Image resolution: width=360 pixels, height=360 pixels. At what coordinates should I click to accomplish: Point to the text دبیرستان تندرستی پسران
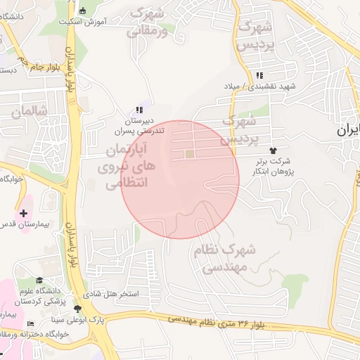(139, 126)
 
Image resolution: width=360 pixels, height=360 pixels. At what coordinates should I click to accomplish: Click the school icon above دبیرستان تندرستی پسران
(139, 110)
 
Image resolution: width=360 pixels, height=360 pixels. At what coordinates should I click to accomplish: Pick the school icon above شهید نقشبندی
(259, 75)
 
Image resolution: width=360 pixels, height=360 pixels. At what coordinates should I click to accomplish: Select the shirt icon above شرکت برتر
(273, 150)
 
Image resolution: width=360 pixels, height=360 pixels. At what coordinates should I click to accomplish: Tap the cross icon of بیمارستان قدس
(24, 212)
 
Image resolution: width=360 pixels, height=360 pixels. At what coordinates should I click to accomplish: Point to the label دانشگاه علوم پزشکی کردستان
(54, 295)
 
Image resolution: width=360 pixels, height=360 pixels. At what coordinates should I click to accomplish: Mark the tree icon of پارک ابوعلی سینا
(77, 309)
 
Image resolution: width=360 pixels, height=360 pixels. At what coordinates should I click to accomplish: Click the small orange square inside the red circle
(189, 154)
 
